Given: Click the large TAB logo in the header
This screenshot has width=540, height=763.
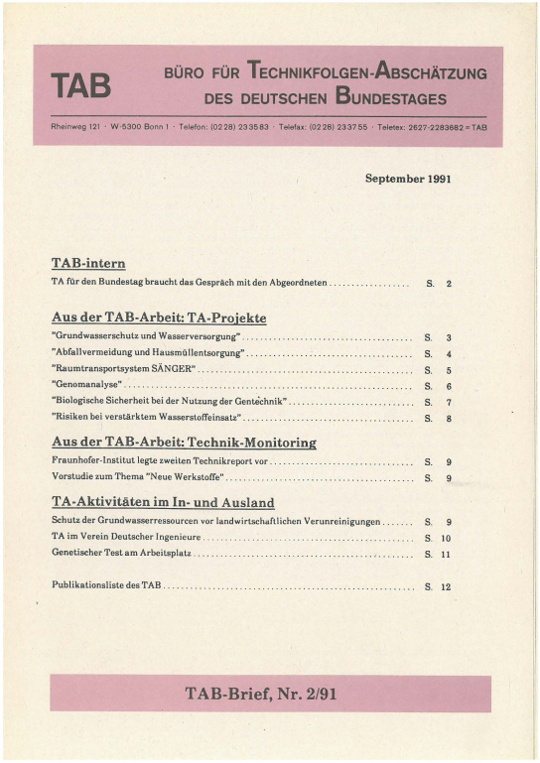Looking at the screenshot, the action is tap(81, 86).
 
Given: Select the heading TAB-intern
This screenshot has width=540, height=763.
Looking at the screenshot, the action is tap(88, 263).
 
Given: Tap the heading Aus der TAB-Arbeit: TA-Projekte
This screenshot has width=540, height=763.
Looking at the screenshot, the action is tap(159, 318).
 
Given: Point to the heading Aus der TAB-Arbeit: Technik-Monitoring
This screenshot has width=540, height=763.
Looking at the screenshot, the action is tap(184, 443).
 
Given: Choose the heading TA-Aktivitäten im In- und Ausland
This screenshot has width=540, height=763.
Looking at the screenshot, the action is tap(163, 502).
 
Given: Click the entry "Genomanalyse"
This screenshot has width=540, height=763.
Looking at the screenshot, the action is tap(86, 385).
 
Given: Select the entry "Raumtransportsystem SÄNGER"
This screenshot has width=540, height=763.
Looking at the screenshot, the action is tap(123, 369).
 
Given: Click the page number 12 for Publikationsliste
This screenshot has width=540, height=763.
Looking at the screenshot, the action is tap(446, 587).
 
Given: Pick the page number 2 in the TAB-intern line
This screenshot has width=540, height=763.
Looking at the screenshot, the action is tap(449, 284).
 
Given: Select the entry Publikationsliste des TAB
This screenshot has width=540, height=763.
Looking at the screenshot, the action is tap(106, 586).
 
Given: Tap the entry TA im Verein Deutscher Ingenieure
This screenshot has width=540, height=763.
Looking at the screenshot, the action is tap(126, 537).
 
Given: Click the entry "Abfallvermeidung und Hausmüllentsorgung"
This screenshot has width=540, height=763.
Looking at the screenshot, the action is tap(147, 353).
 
